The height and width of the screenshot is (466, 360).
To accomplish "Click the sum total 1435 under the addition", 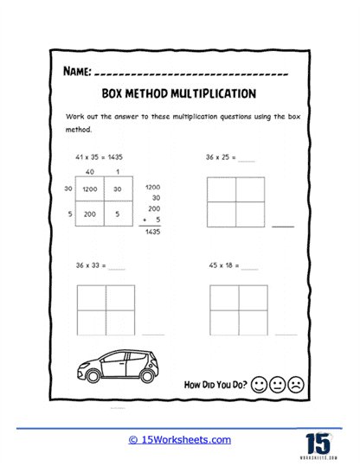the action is (x=153, y=233).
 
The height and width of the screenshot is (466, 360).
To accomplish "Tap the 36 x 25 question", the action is (x=221, y=159).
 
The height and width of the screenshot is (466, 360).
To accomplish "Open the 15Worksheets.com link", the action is (x=181, y=439).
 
